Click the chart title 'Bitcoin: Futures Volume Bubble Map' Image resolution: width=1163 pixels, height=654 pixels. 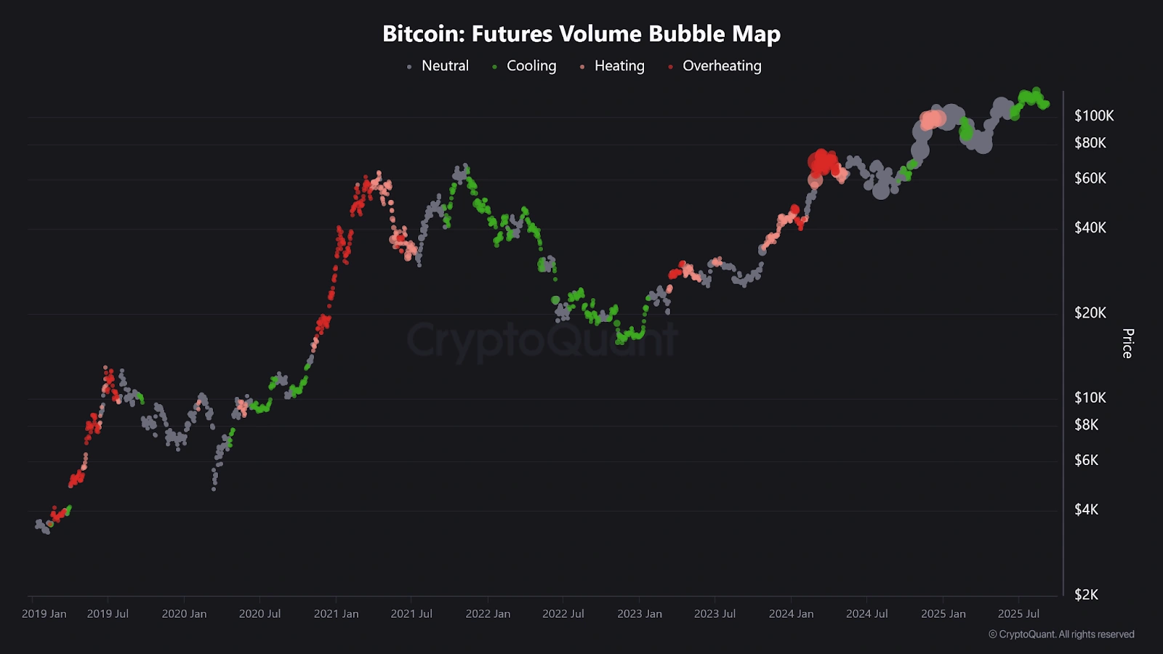click(581, 33)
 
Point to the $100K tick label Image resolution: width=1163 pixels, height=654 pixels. click(1094, 116)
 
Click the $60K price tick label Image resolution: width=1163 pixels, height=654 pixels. click(1090, 178)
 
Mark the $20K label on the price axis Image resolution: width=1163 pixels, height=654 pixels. click(1090, 312)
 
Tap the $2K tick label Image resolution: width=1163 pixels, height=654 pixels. click(1087, 594)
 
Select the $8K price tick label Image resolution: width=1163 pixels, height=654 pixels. click(1087, 424)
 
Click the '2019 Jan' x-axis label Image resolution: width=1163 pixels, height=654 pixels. click(44, 613)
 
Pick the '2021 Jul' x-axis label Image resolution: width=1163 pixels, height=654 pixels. click(411, 613)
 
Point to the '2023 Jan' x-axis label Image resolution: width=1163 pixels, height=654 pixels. click(640, 613)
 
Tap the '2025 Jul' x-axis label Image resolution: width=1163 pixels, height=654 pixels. click(1018, 613)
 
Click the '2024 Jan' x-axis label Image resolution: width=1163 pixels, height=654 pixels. click(792, 613)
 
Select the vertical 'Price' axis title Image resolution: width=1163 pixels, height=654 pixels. click(1127, 343)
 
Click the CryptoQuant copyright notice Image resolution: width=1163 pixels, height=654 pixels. click(1061, 634)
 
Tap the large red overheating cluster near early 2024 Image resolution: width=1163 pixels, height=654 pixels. click(822, 163)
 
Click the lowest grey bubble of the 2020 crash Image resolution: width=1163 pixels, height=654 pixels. click(214, 489)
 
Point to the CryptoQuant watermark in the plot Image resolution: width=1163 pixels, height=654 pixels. click(542, 340)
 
